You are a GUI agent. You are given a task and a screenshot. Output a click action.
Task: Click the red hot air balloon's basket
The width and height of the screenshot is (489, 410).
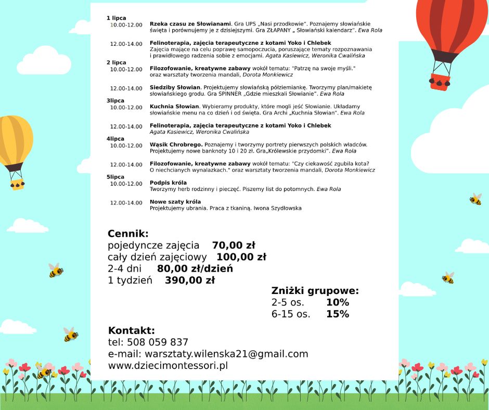coord(440,82)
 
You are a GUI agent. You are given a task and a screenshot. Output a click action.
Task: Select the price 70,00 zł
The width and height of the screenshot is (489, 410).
coord(234,246)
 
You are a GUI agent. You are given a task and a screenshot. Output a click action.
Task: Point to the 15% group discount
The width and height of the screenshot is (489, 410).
coord(338,314)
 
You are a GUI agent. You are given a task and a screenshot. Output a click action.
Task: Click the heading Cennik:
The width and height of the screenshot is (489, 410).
coord(128,234)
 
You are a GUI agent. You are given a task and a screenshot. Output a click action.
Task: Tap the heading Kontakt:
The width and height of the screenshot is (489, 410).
coord(131,331)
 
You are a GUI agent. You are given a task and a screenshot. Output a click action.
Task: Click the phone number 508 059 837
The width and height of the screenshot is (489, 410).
coord(158,342)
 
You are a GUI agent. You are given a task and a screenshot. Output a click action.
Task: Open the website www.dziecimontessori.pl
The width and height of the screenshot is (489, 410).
coord(168,366)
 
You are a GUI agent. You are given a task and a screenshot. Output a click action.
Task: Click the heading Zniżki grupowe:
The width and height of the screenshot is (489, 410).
coord(315,291)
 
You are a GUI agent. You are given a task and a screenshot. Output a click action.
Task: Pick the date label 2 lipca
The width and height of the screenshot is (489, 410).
coord(117,62)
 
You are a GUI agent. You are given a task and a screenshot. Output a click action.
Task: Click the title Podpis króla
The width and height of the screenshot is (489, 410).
coord(164,183)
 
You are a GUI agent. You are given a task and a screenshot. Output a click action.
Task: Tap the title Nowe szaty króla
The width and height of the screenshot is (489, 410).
coord(175,202)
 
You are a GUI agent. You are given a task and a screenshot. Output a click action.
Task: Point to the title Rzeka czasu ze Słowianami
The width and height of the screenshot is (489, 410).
coord(190,24)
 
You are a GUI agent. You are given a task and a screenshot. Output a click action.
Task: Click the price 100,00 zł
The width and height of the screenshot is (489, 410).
coord(241,257)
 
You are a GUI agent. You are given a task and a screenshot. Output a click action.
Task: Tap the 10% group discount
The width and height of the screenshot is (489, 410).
coord(338,303)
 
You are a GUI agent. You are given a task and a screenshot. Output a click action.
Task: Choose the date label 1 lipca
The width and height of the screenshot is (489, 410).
coord(116,18)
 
